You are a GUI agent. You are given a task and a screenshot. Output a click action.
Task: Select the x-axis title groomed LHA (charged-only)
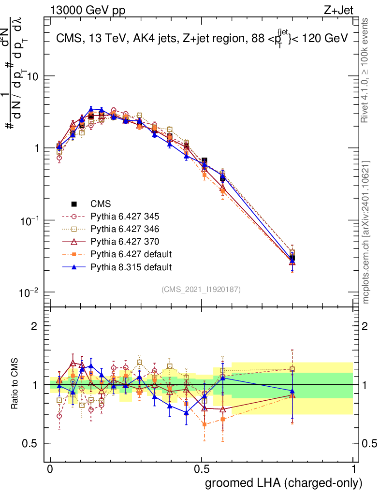tap(284, 483)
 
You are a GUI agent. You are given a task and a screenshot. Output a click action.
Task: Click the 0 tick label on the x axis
tap(50, 469)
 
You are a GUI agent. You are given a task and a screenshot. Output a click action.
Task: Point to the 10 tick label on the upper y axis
tap(32, 76)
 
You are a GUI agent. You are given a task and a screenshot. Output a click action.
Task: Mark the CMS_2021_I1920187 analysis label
tap(201, 289)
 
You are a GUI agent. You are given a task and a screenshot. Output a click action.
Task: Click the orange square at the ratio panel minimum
tap(205, 424)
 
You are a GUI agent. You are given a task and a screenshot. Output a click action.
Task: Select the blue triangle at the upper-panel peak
tap(91, 109)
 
